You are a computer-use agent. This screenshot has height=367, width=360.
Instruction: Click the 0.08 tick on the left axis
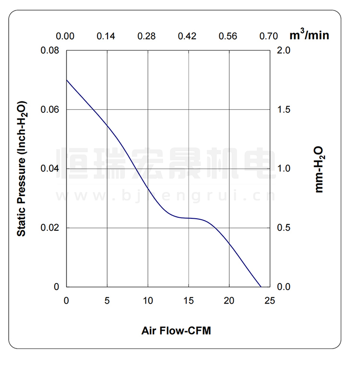[x=50, y=50]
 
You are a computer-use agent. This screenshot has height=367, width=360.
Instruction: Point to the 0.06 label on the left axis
[x=50, y=110]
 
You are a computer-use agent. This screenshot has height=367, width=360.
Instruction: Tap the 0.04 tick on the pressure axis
[x=50, y=169]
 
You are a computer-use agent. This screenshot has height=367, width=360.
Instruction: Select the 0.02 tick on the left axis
[x=50, y=228]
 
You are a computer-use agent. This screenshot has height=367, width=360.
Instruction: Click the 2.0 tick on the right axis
[x=285, y=50]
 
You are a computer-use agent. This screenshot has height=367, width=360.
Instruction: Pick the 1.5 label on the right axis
[x=285, y=110]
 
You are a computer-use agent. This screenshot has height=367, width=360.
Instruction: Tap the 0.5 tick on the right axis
[x=285, y=228]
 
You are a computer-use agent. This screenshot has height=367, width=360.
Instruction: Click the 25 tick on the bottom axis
[x=270, y=301]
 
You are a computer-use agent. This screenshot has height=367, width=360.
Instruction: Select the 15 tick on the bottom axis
[x=189, y=301]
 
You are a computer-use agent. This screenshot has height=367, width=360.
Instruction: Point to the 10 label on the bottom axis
[x=148, y=301]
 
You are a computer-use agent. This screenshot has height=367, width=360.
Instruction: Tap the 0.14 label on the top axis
[x=106, y=36]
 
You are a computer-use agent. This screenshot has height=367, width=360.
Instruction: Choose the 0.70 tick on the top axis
[x=269, y=36]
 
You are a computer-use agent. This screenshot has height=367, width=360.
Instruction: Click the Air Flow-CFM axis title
[x=176, y=331]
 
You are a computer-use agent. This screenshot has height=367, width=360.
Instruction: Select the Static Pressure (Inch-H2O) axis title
[x=22, y=168]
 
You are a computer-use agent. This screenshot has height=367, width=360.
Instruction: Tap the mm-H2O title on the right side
[x=319, y=169]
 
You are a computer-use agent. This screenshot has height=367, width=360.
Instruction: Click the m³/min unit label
[x=309, y=35]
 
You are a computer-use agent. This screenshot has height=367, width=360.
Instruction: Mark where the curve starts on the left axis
[x=66, y=80]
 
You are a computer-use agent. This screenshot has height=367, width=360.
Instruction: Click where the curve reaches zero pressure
[x=261, y=287]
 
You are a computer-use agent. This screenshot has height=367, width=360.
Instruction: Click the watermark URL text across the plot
[x=166, y=196]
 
